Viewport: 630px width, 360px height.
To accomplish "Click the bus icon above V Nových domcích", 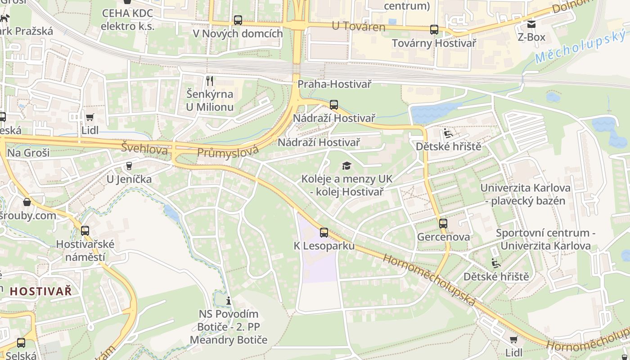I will coord(238,20).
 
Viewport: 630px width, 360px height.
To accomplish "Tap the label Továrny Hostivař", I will coord(434,43).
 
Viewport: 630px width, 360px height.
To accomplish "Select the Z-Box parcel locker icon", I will coord(531,24).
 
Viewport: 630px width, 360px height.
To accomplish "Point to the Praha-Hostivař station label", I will coord(334,84).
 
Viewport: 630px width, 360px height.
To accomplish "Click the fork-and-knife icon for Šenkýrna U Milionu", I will coord(209,81).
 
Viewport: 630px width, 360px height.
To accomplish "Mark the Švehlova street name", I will coord(144,147).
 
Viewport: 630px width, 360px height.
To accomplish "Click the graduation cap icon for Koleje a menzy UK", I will coord(346,166).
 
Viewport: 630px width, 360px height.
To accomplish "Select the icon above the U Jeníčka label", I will coord(129,166).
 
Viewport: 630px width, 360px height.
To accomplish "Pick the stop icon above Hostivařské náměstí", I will coord(85,231).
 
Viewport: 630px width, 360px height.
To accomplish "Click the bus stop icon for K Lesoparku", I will coord(324,233).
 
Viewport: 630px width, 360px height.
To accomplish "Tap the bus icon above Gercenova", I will coord(443,223).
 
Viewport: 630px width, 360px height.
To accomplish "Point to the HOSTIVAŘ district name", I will coord(40,291).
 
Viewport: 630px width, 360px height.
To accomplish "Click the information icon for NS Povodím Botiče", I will coord(229,301).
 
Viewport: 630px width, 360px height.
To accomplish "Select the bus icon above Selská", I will coord(21,343).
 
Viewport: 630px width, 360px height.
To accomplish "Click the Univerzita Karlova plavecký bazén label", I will coord(525,194).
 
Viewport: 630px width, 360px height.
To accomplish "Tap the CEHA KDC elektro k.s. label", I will coord(128,19).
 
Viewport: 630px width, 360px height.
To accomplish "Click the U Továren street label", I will coord(359,27).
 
